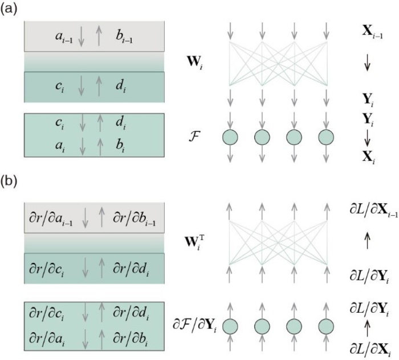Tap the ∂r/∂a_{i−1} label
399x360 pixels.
(x=52, y=220)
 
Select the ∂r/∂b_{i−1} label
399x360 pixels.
(x=133, y=220)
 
